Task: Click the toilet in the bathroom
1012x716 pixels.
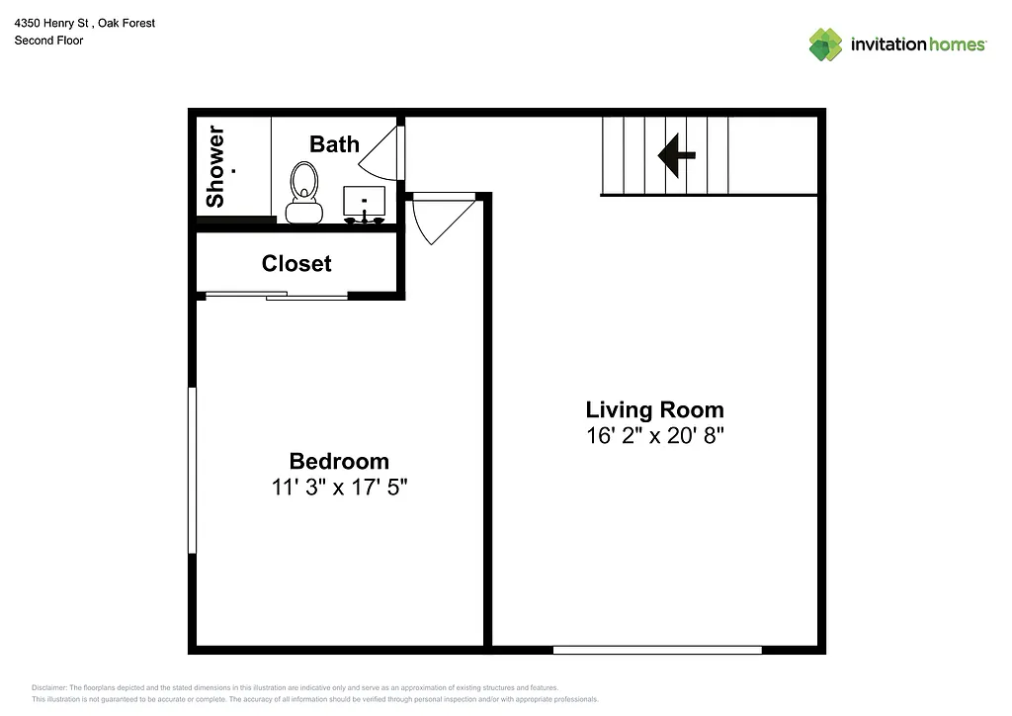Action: point(303,192)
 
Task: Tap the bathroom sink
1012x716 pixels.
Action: point(365,201)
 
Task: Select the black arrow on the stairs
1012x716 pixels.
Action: point(677,154)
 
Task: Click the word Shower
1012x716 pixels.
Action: point(215,166)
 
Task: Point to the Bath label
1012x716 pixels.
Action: point(334,144)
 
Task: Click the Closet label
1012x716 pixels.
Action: point(296,264)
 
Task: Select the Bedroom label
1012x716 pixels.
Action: point(339,461)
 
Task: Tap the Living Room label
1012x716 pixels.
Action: point(654,409)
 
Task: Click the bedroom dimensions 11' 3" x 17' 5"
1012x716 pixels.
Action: point(339,487)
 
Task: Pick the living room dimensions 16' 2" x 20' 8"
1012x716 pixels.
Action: point(654,436)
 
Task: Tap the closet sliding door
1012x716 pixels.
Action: point(277,295)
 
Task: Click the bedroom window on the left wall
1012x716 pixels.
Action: point(193,470)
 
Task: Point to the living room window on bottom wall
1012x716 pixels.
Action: point(657,650)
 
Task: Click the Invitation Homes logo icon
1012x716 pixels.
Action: point(825,45)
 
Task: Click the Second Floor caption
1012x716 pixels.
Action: point(48,41)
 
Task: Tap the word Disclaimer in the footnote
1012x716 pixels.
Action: point(49,687)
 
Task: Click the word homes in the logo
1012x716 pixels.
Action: point(957,45)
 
